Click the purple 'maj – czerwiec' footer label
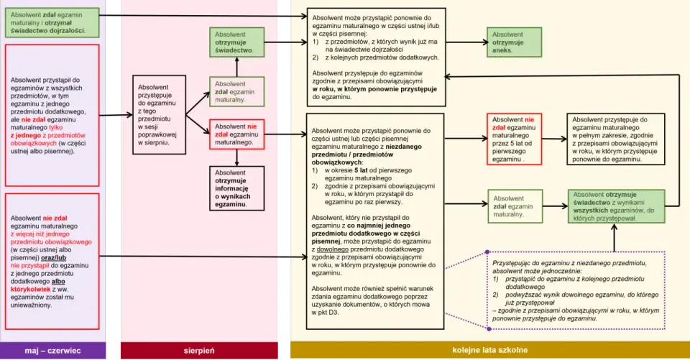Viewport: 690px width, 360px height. coord(52,351)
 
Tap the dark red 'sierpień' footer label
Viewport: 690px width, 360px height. coord(199,351)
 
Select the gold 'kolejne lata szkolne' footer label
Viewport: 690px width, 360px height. coord(489,351)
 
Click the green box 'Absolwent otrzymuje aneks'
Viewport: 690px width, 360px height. coord(514,42)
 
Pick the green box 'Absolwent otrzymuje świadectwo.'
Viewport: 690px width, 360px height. coord(236,42)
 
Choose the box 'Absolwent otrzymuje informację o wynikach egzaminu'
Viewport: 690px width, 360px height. coord(236,188)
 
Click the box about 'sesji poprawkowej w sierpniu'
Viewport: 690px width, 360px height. coord(160,115)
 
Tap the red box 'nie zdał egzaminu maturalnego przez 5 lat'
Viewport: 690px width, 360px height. coord(514,139)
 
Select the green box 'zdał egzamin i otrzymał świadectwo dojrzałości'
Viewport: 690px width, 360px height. coord(52,22)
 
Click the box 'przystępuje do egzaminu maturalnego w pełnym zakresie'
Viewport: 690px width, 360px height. coord(616,139)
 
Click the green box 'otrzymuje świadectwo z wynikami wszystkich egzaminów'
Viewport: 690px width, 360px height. coord(616,206)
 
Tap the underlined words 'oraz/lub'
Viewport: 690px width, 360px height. coord(54,258)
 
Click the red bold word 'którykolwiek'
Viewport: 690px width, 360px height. coord(30,290)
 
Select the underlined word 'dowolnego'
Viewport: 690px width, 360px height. coord(333,249)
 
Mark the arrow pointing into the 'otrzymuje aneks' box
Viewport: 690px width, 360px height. coord(466,42)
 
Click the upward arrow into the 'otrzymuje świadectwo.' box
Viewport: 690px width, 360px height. coord(236,67)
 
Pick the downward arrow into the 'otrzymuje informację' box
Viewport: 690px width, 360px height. coord(236,157)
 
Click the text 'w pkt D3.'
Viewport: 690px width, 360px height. coord(325,313)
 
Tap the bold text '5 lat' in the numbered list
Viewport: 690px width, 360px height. coord(362,170)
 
